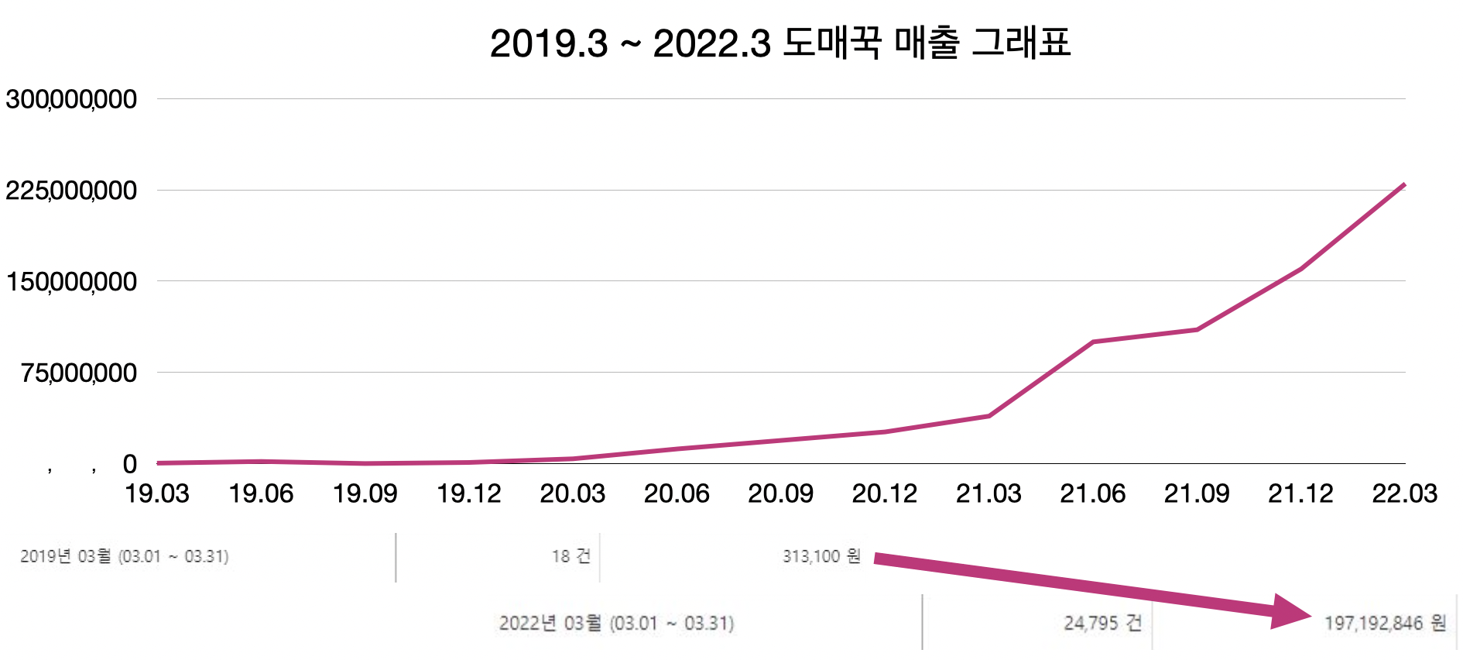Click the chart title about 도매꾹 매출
(x=780, y=43)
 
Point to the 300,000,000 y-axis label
(x=71, y=99)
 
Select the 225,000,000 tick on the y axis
(x=71, y=191)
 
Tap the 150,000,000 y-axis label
(x=71, y=282)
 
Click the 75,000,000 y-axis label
(x=79, y=373)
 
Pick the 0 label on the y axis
(x=129, y=464)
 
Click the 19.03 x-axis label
(x=157, y=493)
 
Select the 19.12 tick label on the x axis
(x=469, y=493)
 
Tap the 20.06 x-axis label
(x=677, y=493)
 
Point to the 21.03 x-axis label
(x=988, y=493)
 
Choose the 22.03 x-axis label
(x=1404, y=493)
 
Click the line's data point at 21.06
(x=1093, y=342)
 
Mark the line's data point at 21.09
(x=1197, y=330)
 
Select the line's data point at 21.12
(x=1300, y=269)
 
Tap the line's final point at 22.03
(x=1403, y=185)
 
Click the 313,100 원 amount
(x=821, y=556)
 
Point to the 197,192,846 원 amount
(x=1385, y=623)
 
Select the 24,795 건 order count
(x=1102, y=623)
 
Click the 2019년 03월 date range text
(x=125, y=556)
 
